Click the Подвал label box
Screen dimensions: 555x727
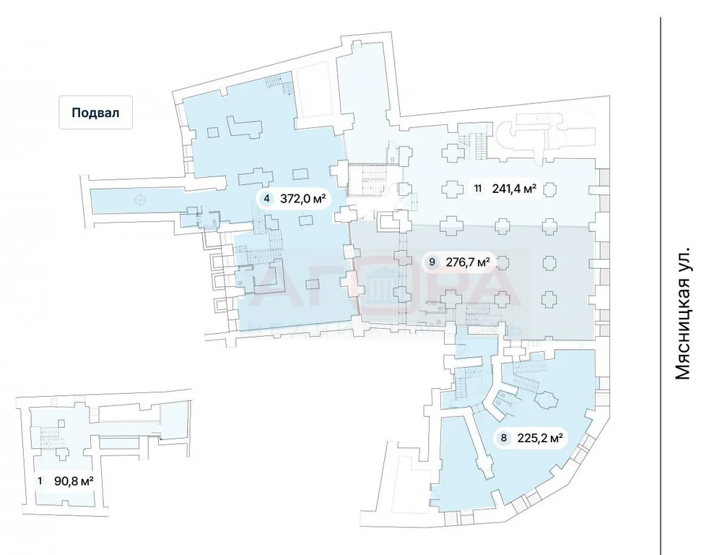click(95, 113)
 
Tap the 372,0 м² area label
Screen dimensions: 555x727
click(302, 199)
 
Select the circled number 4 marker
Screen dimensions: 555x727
click(268, 199)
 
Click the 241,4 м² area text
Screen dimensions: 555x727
click(514, 189)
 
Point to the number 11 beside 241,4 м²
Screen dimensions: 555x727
click(479, 189)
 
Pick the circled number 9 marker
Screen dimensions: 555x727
click(432, 262)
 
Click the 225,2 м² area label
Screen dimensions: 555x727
click(539, 437)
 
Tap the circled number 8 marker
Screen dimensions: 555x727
click(503, 437)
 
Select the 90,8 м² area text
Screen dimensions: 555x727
click(74, 481)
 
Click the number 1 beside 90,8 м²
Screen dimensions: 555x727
click(40, 481)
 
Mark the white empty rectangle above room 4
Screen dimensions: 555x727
click(316, 90)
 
